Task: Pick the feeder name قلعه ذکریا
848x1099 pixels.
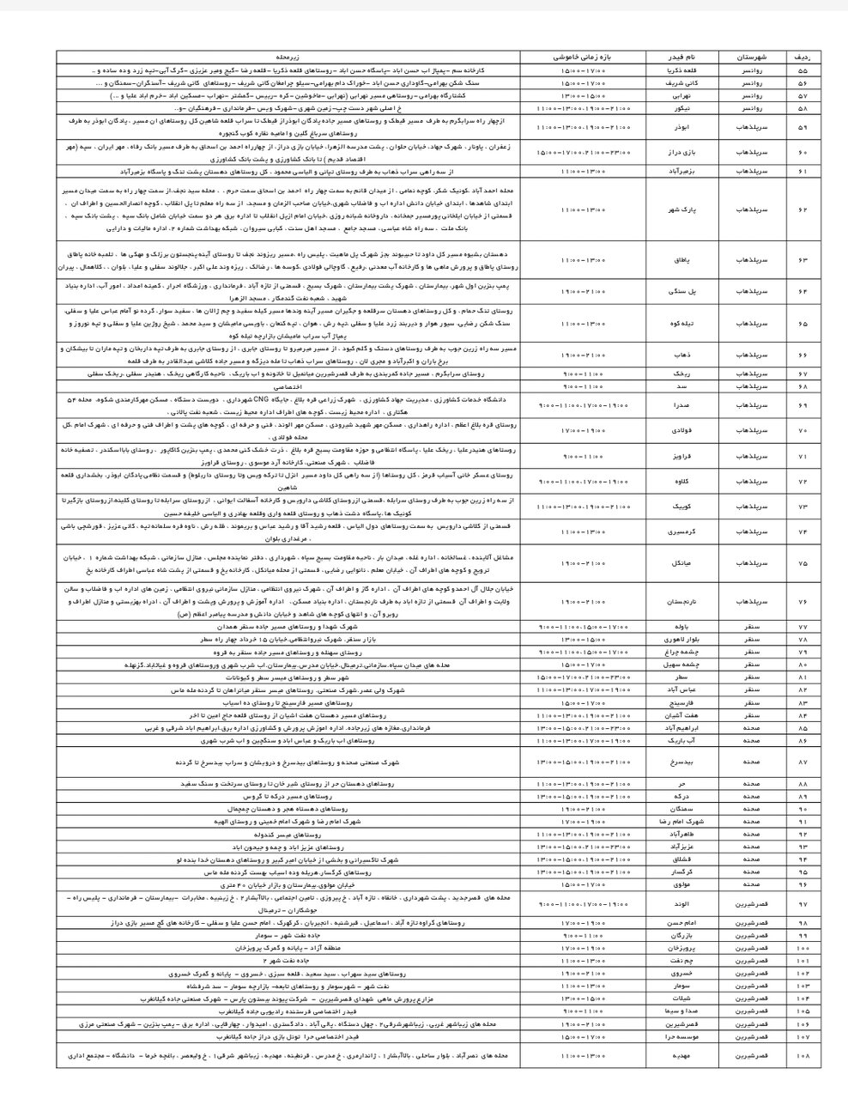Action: coord(677,69)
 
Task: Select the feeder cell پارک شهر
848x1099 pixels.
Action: coord(677,209)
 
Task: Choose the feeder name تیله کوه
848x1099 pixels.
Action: coord(677,325)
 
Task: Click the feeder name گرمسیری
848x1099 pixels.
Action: coord(677,532)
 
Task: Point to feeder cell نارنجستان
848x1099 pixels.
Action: coord(677,603)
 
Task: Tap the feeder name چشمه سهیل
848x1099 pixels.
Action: coord(677,664)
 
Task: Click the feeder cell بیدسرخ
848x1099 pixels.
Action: coord(677,762)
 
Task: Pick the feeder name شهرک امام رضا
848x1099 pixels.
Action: coord(677,821)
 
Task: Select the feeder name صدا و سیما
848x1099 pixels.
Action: coord(677,1012)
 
